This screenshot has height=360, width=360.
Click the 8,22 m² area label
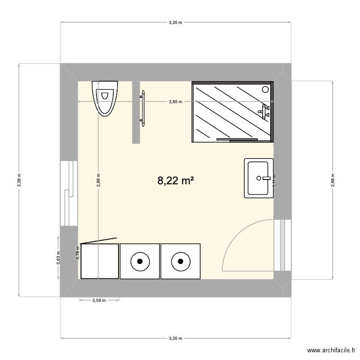point(176,181)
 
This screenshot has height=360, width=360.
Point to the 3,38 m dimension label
point(19,180)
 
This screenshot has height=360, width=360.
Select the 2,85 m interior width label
point(175,102)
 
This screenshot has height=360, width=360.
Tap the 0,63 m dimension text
point(58,258)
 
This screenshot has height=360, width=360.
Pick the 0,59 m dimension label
point(99,301)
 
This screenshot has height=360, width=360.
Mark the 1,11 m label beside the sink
point(275,180)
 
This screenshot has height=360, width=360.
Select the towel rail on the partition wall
point(142,108)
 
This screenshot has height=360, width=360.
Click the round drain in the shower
point(265,89)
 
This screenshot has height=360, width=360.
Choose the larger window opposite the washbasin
point(69,192)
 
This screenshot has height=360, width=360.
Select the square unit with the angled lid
point(99,261)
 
